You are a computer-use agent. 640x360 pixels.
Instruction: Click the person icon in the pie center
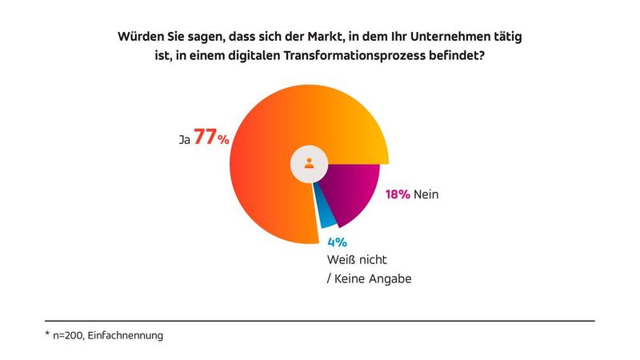[x=309, y=163]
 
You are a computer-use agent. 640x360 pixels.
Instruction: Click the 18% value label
[x=398, y=194]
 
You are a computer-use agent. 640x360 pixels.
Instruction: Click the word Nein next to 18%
[x=427, y=194]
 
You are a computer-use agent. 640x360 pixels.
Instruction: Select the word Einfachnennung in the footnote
[x=126, y=336]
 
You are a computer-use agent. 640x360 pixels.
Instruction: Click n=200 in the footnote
[x=69, y=336]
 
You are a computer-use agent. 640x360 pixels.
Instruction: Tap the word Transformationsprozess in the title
[x=359, y=58]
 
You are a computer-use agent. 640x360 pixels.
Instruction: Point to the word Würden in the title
[x=138, y=37]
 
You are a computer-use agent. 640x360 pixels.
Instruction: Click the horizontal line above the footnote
[x=320, y=320]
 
